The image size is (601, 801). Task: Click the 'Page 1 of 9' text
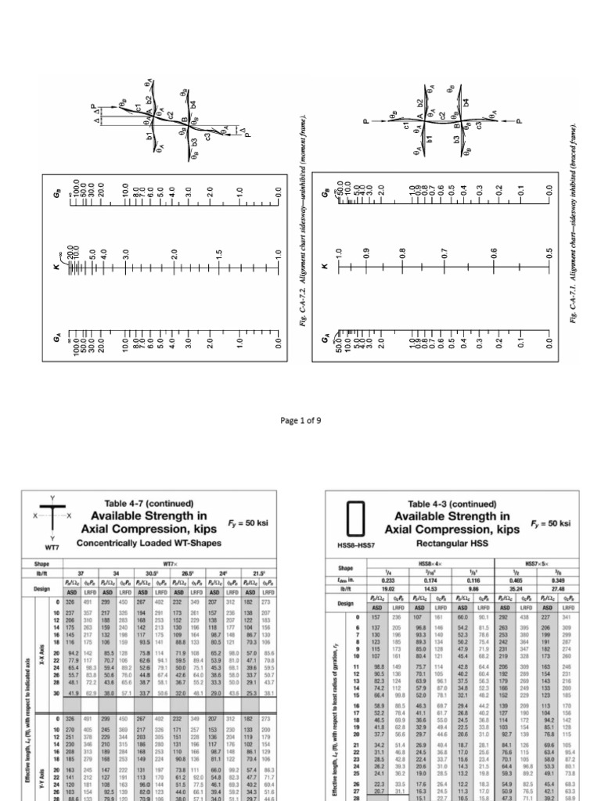point(300,421)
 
